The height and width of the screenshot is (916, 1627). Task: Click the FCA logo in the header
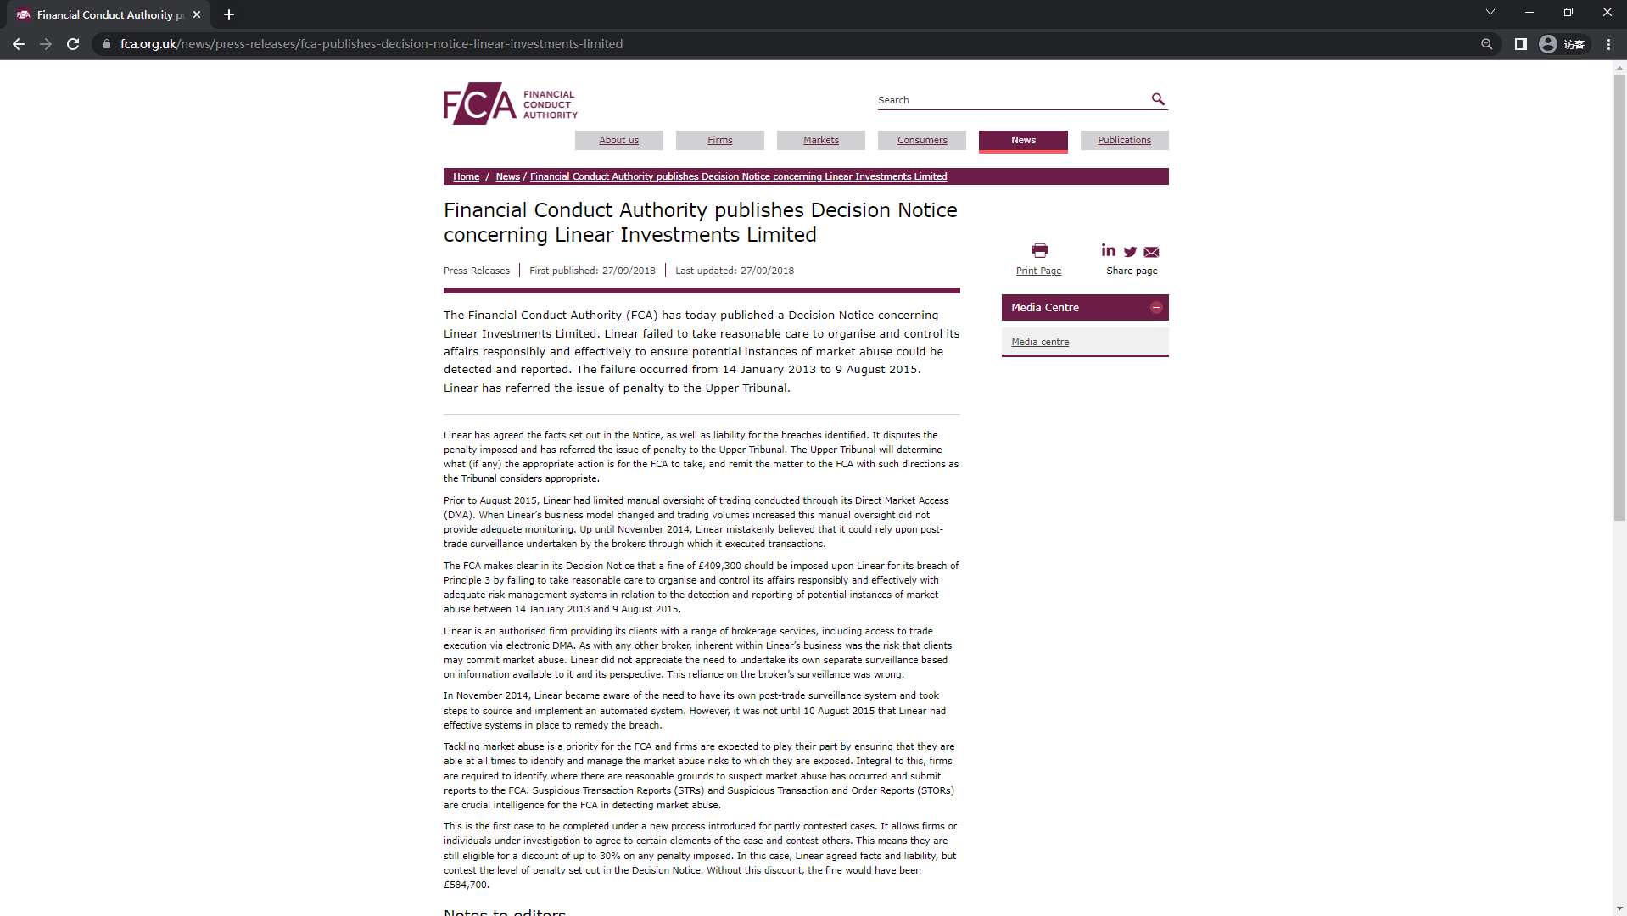tap(510, 103)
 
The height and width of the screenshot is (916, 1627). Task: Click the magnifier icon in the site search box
tap(1158, 99)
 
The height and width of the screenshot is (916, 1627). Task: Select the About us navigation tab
tap(618, 140)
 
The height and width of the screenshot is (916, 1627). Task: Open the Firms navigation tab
tap(719, 140)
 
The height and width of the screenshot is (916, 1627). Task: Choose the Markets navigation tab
tap(820, 140)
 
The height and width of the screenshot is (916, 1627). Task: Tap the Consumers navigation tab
tap(922, 140)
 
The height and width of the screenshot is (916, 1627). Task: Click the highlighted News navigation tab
tap(1023, 140)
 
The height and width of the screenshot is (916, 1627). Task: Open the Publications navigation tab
tap(1124, 140)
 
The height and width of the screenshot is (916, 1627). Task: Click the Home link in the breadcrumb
tap(466, 176)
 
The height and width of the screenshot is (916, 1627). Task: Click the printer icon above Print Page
tap(1039, 250)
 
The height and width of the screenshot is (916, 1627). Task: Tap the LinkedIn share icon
tap(1109, 250)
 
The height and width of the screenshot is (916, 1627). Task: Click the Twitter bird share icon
tap(1130, 252)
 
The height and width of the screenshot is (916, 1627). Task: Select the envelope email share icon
tap(1151, 252)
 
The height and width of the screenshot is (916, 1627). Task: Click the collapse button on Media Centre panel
tap(1156, 308)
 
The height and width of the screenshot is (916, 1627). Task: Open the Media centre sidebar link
tap(1040, 342)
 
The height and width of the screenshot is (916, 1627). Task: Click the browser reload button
tap(73, 44)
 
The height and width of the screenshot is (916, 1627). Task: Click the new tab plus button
tap(228, 14)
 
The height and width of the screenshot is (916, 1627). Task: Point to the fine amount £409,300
tap(719, 566)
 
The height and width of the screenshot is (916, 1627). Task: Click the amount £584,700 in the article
tap(466, 885)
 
